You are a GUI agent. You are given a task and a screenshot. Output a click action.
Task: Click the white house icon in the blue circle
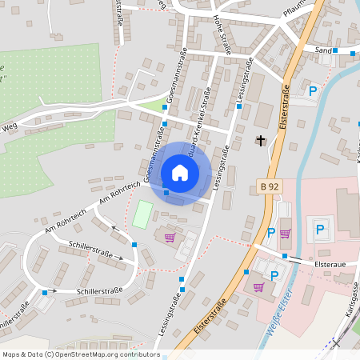point(180,173)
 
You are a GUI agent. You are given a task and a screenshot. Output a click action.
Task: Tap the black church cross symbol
point(260,141)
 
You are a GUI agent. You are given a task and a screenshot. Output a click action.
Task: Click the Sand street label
point(323,50)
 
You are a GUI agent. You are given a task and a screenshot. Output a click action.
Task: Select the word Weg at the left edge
point(9,126)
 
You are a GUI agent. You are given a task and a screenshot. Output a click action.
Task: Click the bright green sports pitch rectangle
point(142,213)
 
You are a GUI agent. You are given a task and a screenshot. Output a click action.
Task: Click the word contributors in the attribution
point(138,353)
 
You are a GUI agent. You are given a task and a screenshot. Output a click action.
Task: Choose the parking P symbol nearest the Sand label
point(313,91)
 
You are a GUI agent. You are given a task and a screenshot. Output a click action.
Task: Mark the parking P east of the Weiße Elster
point(320,230)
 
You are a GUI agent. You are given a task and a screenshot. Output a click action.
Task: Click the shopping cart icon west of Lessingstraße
point(169,238)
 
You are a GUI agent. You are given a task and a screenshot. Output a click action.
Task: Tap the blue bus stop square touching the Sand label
point(336,50)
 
